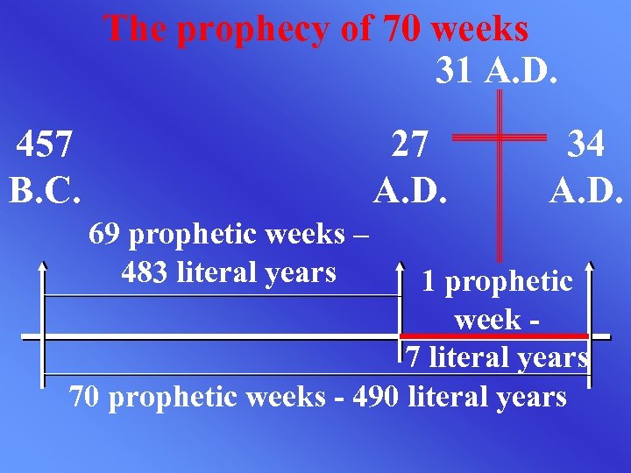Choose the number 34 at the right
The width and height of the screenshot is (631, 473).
(585, 144)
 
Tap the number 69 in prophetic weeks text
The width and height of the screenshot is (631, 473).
(106, 235)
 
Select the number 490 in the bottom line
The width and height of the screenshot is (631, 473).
(374, 397)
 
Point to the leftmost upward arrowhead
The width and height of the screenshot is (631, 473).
(42, 265)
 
